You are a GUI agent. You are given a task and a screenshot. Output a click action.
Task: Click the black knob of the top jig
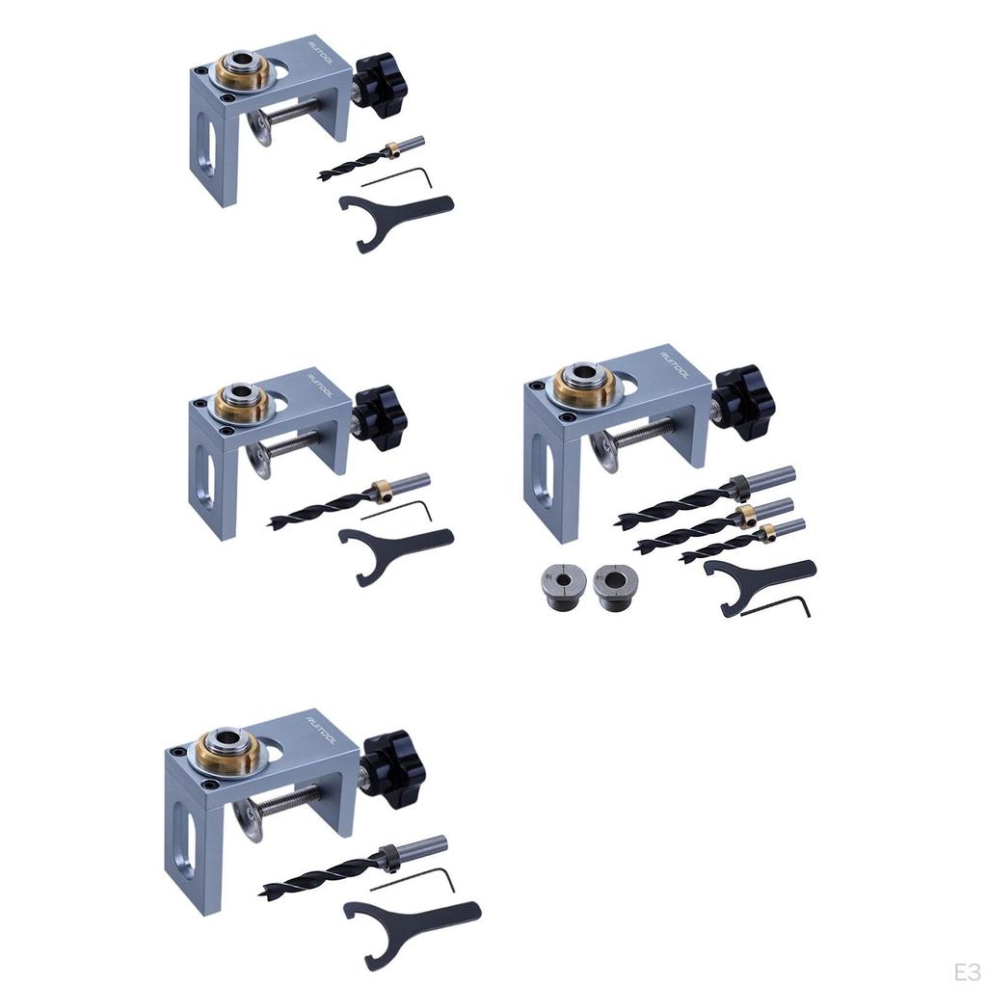coord(382,85)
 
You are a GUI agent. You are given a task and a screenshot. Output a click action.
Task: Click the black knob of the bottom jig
coord(392,757)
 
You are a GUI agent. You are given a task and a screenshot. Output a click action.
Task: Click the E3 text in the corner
coord(966,969)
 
